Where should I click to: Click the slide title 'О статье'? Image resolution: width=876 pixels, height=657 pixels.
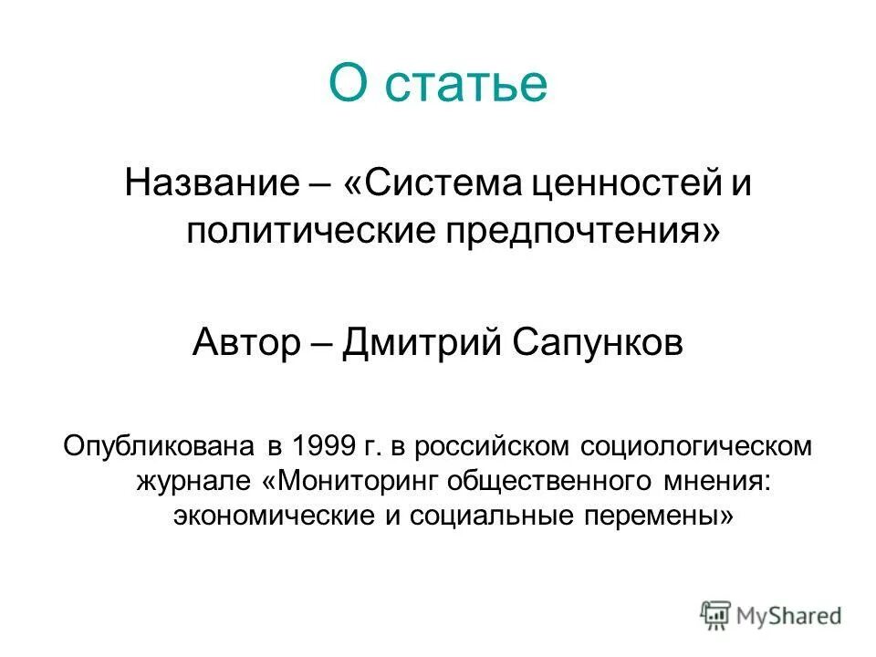[x=438, y=83]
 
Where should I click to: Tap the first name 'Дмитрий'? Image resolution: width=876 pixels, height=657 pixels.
[x=409, y=344]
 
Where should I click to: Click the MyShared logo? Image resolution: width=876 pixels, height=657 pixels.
[x=771, y=613]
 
